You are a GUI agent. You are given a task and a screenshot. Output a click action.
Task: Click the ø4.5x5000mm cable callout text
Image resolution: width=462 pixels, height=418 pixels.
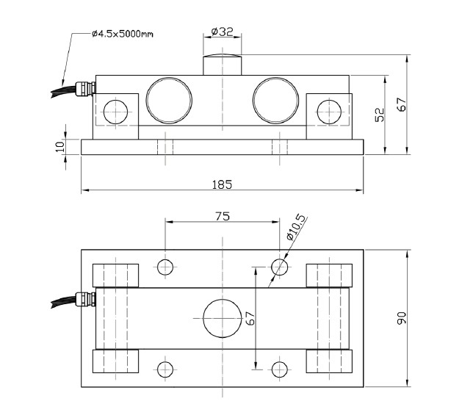tap(124, 34)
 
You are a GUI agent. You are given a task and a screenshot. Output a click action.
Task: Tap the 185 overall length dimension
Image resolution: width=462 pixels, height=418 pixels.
tap(222, 184)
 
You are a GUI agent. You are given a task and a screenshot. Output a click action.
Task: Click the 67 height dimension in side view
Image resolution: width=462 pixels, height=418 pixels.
tap(401, 104)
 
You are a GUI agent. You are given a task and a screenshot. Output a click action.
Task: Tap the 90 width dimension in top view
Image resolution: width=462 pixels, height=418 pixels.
tap(401, 318)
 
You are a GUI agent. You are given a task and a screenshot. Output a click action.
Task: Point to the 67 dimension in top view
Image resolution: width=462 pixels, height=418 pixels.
tap(250, 318)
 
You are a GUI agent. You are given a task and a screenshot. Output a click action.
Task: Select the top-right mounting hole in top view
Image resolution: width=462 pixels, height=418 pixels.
tap(280, 267)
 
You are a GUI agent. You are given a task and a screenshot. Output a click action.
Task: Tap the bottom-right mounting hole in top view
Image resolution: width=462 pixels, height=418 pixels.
tap(280, 369)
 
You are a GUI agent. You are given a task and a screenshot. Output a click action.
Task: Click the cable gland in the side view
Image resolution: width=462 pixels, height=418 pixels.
tap(87, 88)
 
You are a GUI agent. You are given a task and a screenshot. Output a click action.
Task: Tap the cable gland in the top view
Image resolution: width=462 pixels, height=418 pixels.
tap(87, 299)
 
